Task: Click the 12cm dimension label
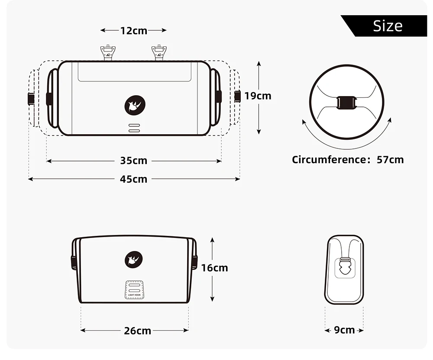point(134,31)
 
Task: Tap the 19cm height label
point(258,96)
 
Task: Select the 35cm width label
point(134,161)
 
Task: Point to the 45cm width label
point(134,179)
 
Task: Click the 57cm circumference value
point(390,160)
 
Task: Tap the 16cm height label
point(215,268)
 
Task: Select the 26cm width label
point(138,331)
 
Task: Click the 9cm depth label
point(344,330)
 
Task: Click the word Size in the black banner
point(388,26)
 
